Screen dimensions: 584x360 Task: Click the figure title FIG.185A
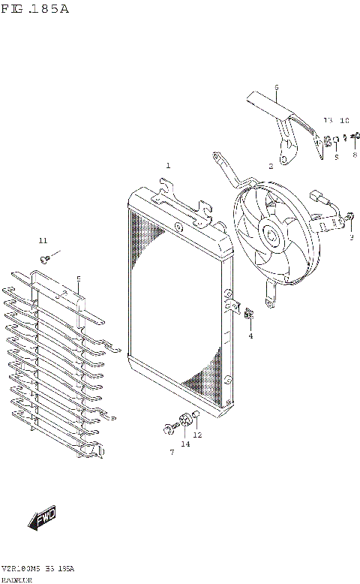pyautogui.click(x=35, y=9)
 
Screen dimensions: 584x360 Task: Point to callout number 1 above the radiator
pyautogui.click(x=168, y=165)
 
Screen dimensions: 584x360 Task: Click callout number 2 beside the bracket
pyautogui.click(x=271, y=166)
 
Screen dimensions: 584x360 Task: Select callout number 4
pyautogui.click(x=250, y=336)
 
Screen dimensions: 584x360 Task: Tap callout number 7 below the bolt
pyautogui.click(x=171, y=452)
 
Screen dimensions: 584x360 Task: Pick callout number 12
pyautogui.click(x=197, y=435)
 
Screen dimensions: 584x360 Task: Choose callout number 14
pyautogui.click(x=184, y=444)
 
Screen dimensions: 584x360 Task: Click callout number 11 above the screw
pyautogui.click(x=43, y=240)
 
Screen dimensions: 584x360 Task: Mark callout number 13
pyautogui.click(x=328, y=121)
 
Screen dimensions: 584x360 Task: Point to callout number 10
pyautogui.click(x=344, y=121)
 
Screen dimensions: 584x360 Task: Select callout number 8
pyautogui.click(x=354, y=155)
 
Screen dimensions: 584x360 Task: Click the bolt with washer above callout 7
pyautogui.click(x=167, y=430)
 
